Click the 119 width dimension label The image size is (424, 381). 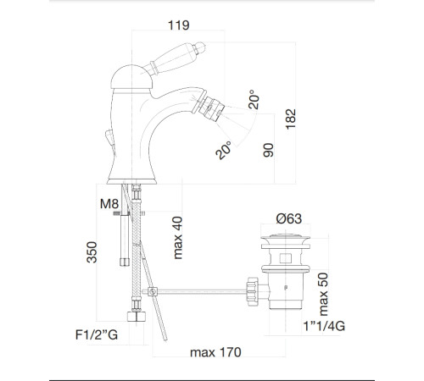point(179,25)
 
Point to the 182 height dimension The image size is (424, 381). point(291,119)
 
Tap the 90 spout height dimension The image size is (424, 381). point(269,150)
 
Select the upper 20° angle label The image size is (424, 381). point(254,99)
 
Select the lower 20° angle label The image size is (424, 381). point(223,150)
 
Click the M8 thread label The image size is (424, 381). point(109,203)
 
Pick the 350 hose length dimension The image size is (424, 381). point(92,252)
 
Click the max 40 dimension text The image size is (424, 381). point(177,238)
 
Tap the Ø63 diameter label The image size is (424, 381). point(289,218)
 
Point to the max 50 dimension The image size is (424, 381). point(323,294)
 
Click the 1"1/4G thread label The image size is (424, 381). point(324,326)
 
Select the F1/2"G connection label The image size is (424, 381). point(97,334)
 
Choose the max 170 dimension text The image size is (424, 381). point(215,352)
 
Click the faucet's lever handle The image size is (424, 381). point(173,58)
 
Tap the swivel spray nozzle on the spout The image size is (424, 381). point(211,108)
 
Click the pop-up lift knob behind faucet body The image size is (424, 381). point(109,137)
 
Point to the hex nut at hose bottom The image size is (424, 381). point(137,317)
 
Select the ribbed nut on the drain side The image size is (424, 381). point(252,291)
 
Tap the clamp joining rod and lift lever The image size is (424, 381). point(153,291)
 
